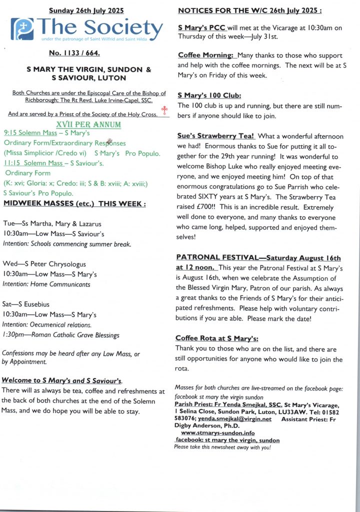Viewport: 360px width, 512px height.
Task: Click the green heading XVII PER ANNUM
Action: pos(88,123)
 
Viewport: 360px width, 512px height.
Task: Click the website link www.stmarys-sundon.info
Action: pos(217,433)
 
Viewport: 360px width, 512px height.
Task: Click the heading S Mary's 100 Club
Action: pos(209,95)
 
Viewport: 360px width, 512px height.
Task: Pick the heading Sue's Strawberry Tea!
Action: pos(216,136)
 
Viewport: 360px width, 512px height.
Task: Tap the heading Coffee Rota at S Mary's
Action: pos(216,338)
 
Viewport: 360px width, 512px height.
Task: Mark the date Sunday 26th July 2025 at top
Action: pos(87,10)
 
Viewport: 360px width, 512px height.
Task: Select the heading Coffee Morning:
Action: pos(206,55)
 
